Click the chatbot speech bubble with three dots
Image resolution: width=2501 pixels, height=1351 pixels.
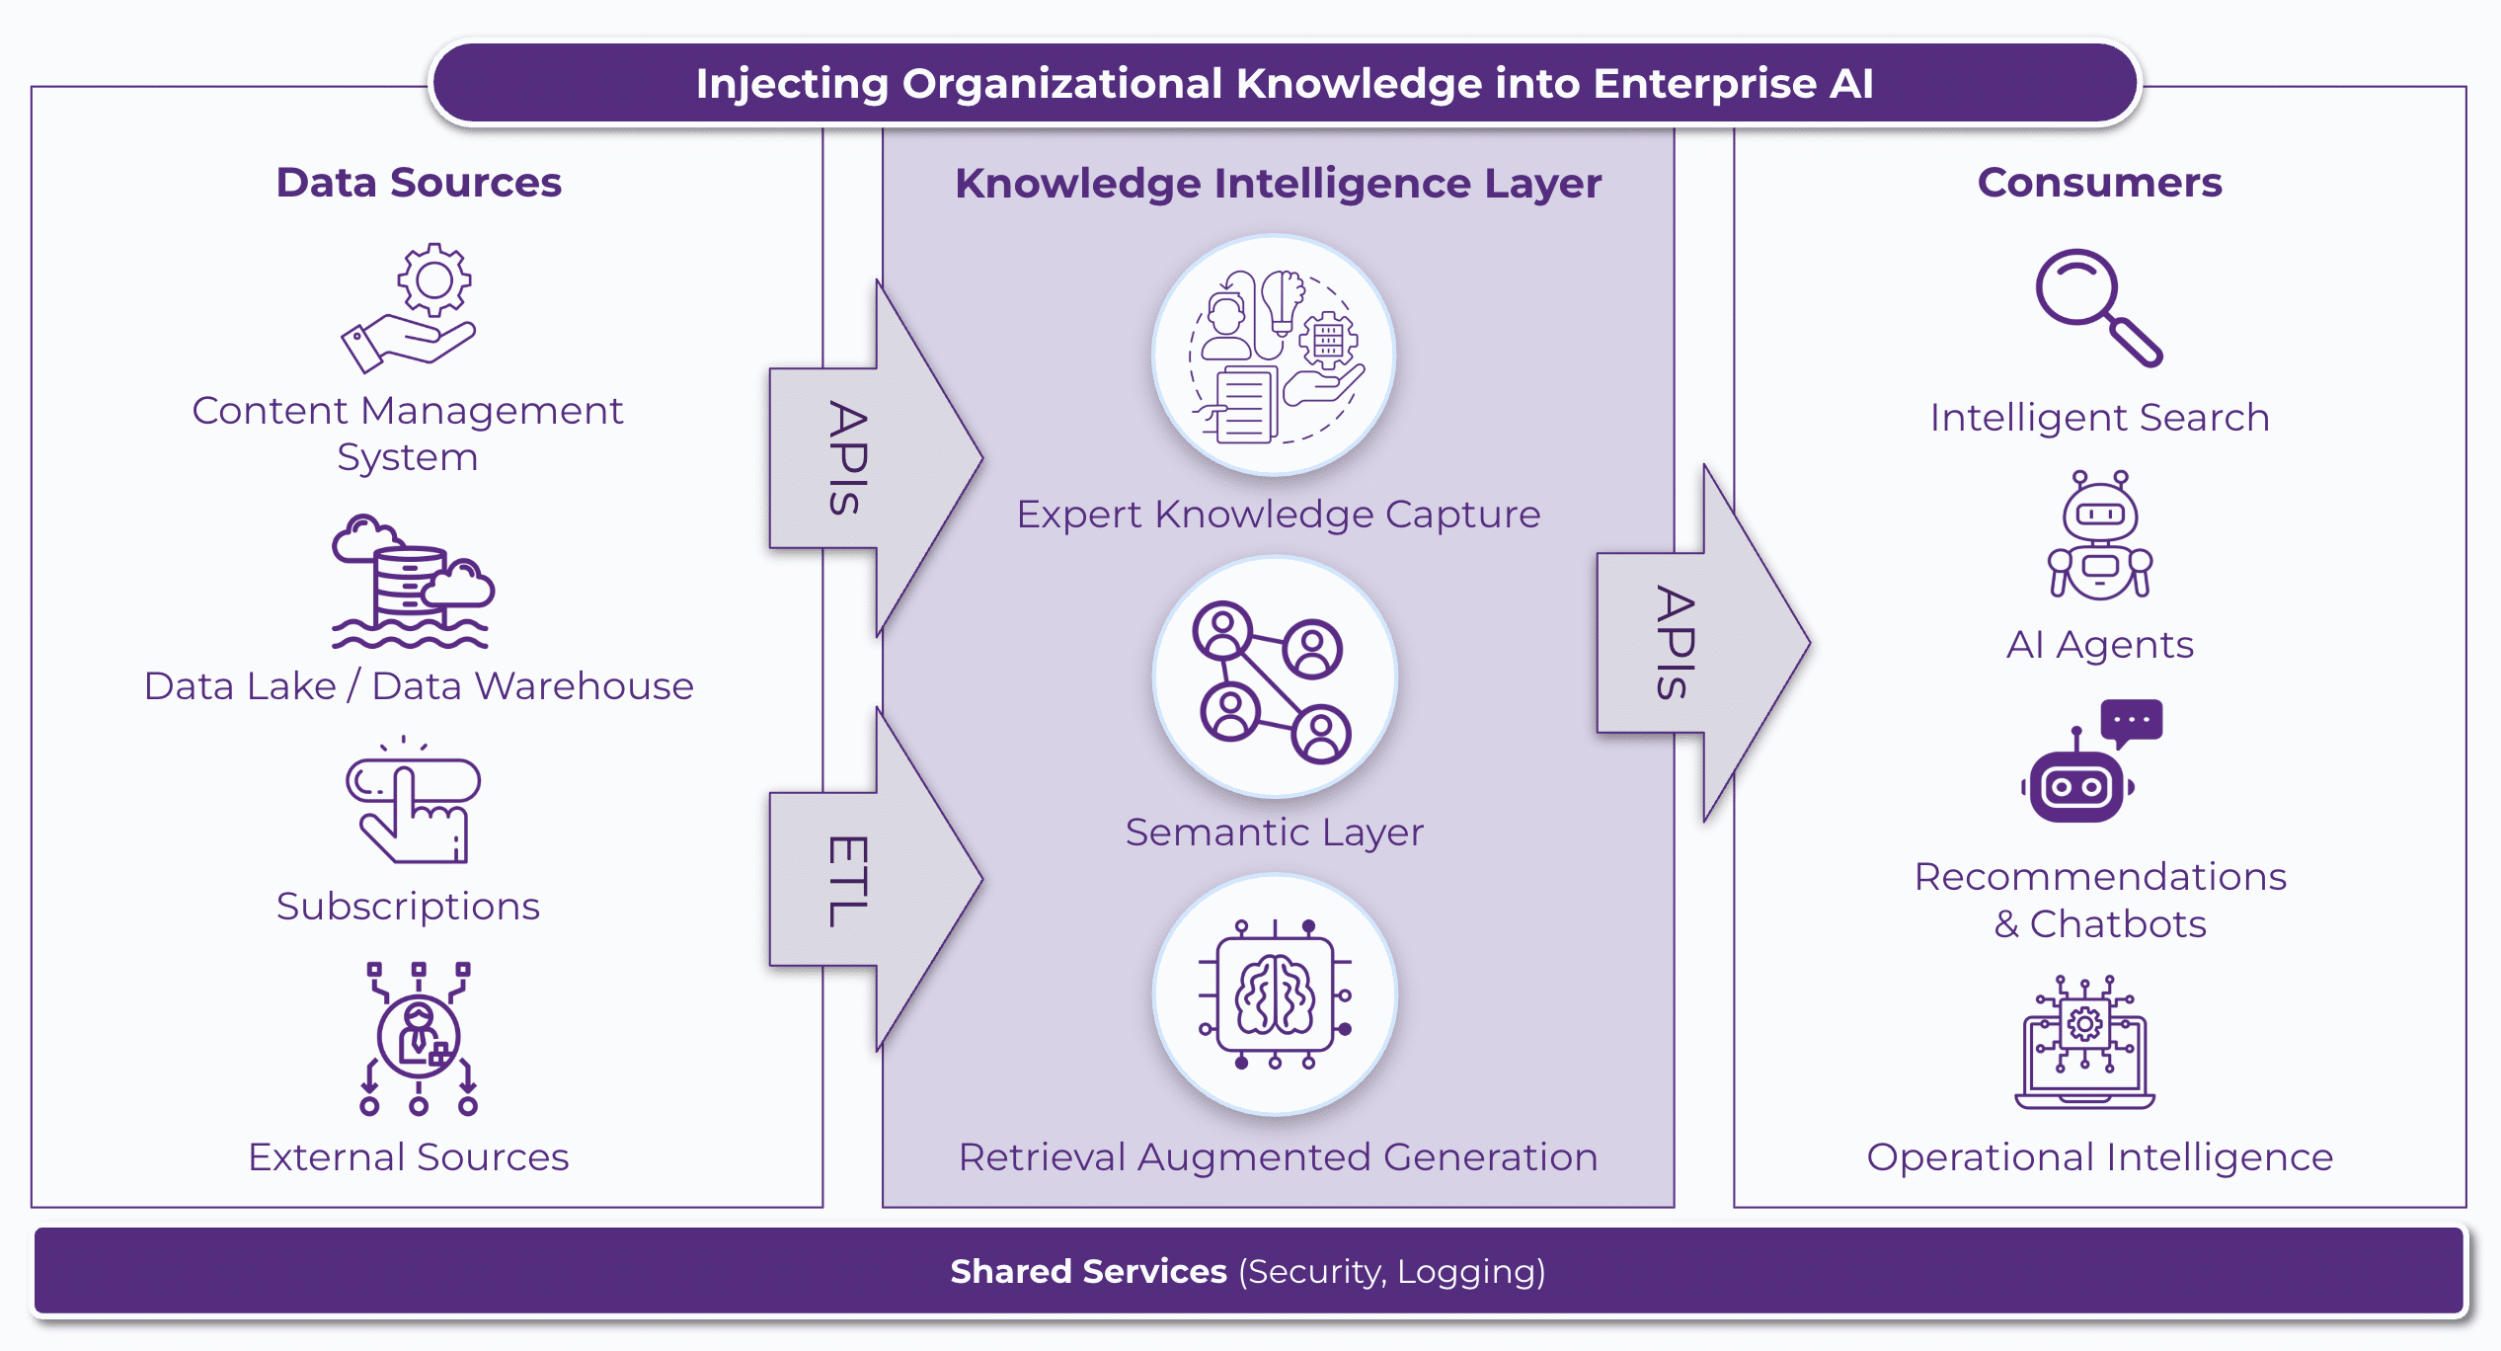(x=2131, y=720)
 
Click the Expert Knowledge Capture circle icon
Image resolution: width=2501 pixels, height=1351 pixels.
(x=1275, y=357)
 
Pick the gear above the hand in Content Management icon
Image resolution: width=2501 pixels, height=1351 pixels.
(x=434, y=279)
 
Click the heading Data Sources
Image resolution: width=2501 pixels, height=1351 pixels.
(x=418, y=183)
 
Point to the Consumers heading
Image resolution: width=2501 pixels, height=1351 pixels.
(x=2099, y=183)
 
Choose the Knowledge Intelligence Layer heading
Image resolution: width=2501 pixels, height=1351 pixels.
(x=1278, y=184)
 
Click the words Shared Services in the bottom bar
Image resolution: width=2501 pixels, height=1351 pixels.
(x=1088, y=1272)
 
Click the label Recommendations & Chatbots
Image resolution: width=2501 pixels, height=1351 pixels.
(x=2100, y=900)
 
